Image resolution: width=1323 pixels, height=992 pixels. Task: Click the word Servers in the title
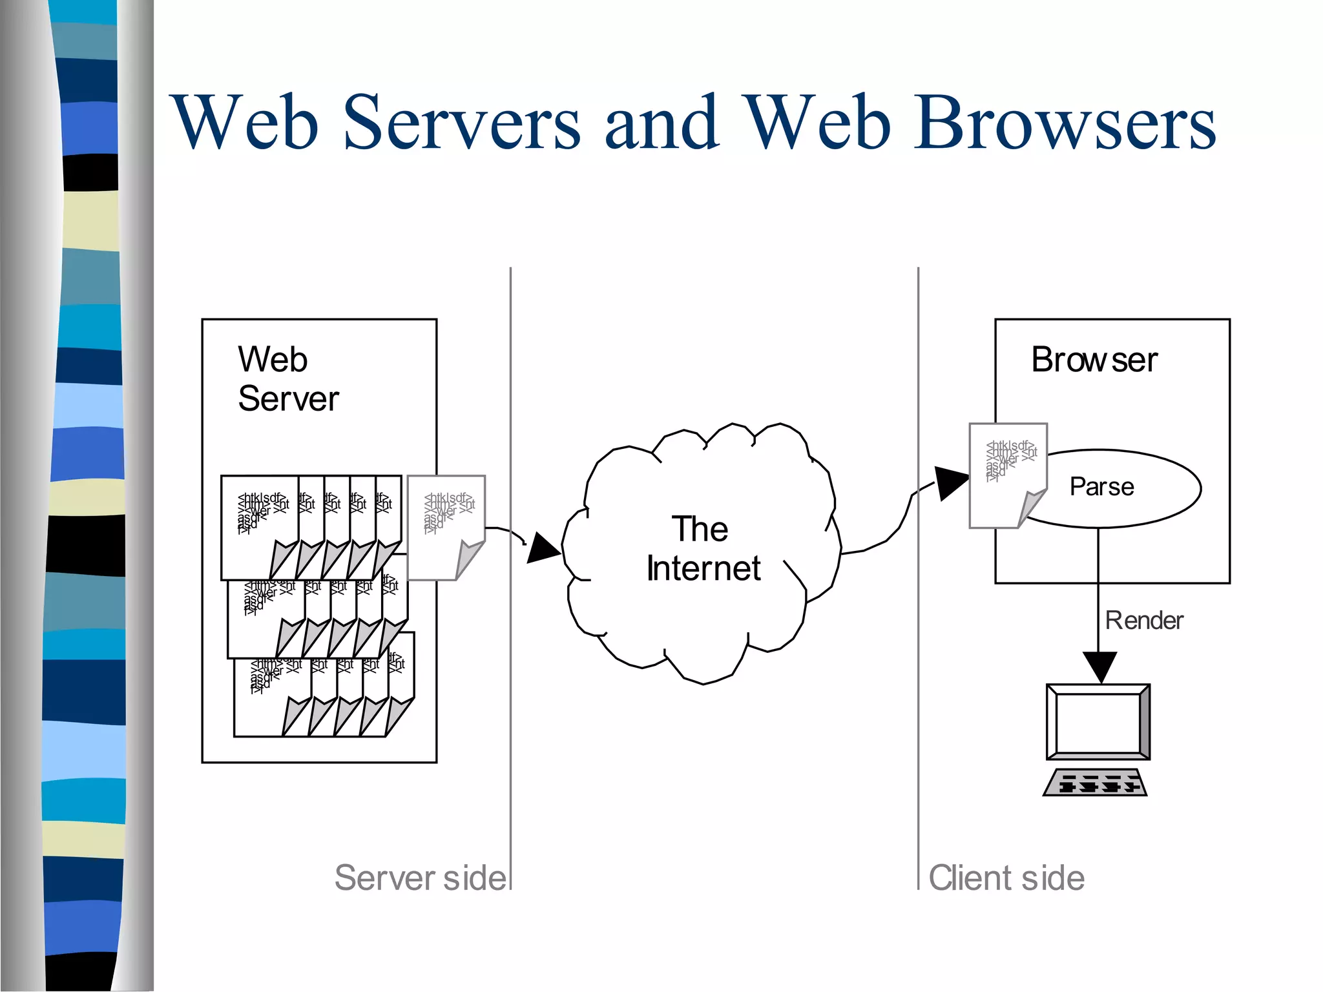tap(461, 123)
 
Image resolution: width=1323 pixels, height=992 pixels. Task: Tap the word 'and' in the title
tap(661, 123)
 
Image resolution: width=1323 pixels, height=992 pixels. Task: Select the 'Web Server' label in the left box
tap(287, 378)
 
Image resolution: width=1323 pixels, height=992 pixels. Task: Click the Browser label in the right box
tap(1094, 360)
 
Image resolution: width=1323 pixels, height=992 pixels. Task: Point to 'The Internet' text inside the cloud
tap(702, 548)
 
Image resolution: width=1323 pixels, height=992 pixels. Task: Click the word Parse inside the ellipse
tap(1101, 486)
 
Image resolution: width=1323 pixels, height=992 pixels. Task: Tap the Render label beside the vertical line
tap(1143, 620)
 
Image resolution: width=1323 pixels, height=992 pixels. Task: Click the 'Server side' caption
tap(420, 878)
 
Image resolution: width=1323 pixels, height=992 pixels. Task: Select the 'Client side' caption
tap(1006, 878)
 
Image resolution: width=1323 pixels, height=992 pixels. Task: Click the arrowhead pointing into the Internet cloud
tap(543, 548)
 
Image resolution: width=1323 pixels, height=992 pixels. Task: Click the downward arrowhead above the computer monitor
tap(1099, 666)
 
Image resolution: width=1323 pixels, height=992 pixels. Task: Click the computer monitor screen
tap(1098, 722)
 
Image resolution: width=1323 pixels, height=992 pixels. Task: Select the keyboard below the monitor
tap(1095, 782)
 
